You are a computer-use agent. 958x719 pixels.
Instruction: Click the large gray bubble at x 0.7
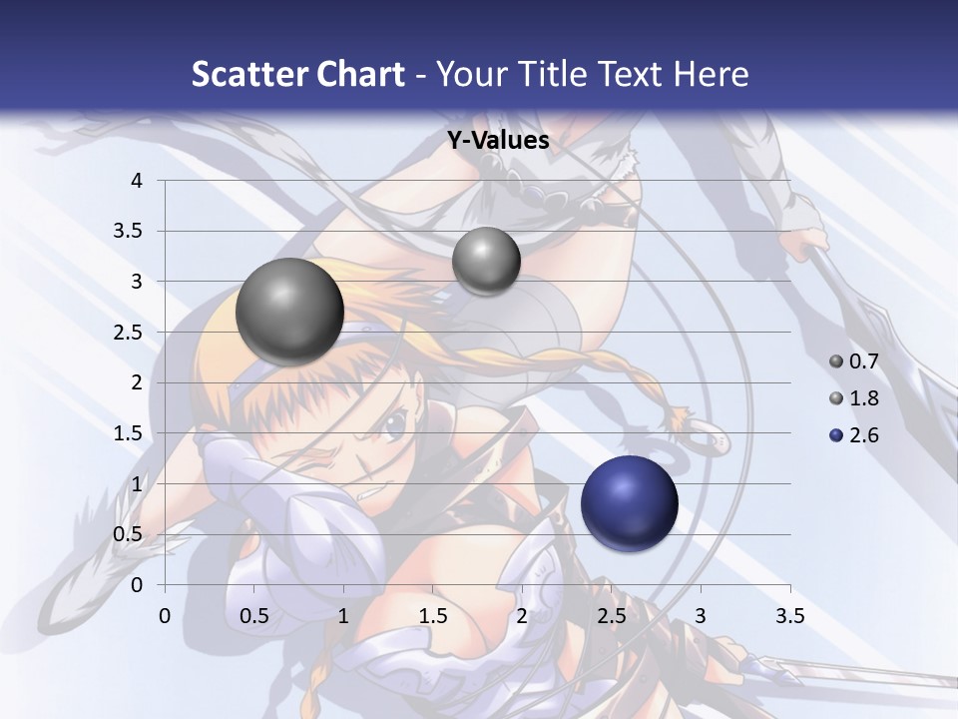[x=289, y=312]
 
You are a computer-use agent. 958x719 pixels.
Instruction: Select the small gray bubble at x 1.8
[x=486, y=261]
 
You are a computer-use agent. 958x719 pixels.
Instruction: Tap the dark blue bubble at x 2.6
[x=629, y=503]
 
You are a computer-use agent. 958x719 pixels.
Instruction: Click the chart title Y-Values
[x=497, y=141]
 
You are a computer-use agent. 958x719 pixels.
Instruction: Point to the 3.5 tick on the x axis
[x=789, y=616]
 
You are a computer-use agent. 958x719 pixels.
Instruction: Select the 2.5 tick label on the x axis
[x=611, y=616]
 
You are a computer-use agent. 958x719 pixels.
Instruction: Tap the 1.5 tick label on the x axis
[x=432, y=616]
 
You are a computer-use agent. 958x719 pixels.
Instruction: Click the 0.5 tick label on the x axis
[x=254, y=616]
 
